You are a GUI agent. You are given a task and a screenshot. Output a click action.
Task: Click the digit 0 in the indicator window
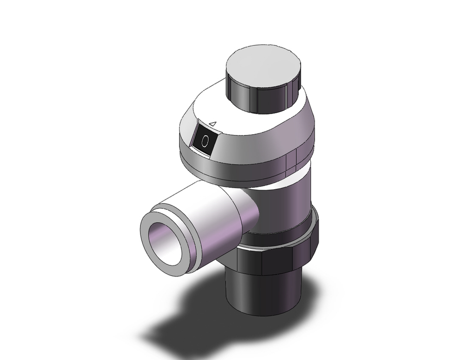205,139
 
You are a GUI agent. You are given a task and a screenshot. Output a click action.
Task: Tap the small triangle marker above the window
212,124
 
